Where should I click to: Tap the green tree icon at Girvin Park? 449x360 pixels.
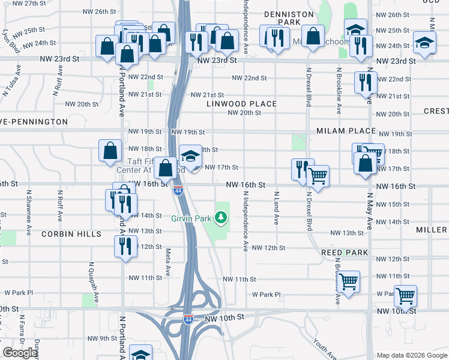pyautogui.click(x=222, y=216)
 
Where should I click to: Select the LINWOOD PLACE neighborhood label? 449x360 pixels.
pyautogui.click(x=241, y=104)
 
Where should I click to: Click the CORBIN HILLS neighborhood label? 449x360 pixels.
pyautogui.click(x=71, y=234)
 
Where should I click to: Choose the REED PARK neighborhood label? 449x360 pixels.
pyautogui.click(x=344, y=253)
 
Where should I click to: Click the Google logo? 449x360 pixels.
pyautogui.click(x=20, y=353)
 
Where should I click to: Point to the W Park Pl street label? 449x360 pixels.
pyautogui.click(x=267, y=295)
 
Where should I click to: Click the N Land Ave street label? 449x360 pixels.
pyautogui.click(x=277, y=208)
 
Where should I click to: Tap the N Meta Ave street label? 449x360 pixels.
pyautogui.click(x=169, y=259)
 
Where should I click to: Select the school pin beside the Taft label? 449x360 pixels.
pyautogui.click(x=190, y=157)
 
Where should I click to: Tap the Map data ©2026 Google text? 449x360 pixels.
pyautogui.click(x=412, y=355)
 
